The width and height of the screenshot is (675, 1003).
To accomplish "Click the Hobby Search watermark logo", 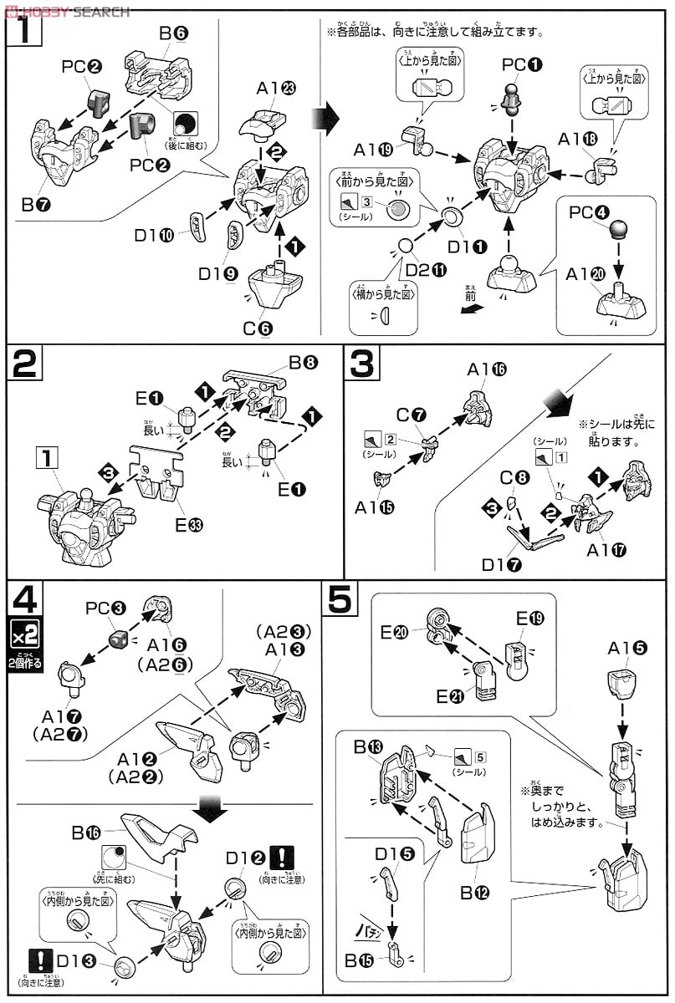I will coord(67,11).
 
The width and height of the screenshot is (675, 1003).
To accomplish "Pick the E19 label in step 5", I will coord(529,619).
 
